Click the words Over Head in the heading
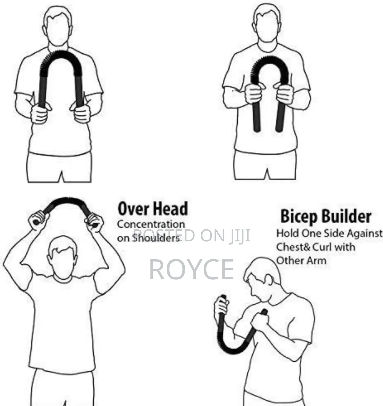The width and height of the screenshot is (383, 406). coord(152,209)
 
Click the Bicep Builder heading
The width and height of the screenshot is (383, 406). coord(326,216)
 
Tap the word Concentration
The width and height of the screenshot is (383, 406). coord(151,224)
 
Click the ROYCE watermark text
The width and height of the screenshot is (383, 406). coord(191,269)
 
